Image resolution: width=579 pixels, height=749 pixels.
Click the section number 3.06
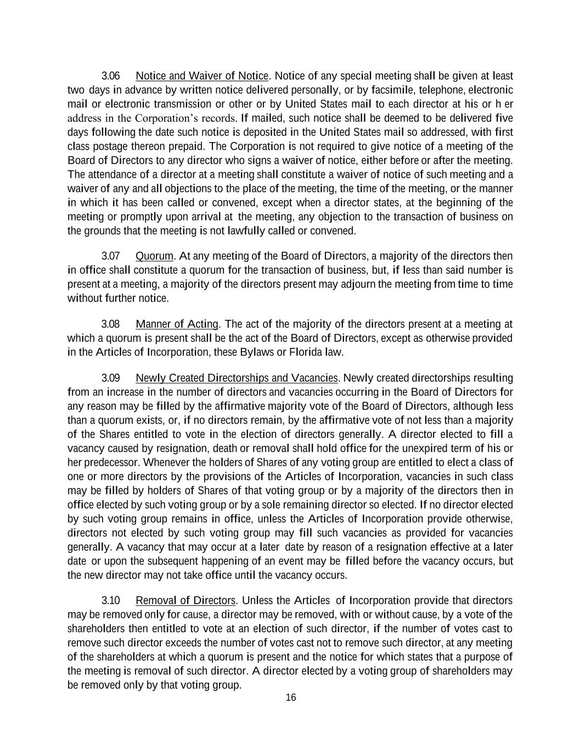pyautogui.click(x=111, y=76)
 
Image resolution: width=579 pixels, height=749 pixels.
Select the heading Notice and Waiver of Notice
pyautogui.click(x=202, y=76)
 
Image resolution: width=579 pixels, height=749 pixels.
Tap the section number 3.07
pyautogui.click(x=111, y=256)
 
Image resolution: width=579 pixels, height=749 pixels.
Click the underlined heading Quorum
pyautogui.click(x=154, y=256)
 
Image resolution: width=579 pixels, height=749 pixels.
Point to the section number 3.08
pyautogui.click(x=111, y=324)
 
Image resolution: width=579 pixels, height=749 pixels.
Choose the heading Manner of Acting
pyautogui.click(x=177, y=324)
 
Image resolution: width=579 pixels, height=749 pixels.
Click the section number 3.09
pyautogui.click(x=111, y=378)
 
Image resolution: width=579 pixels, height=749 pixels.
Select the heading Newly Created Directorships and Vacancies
pyautogui.click(x=237, y=378)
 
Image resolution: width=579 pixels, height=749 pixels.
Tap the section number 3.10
pyautogui.click(x=111, y=600)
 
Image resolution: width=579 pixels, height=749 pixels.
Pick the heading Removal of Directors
pyautogui.click(x=185, y=600)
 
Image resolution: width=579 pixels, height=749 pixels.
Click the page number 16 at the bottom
pyautogui.click(x=290, y=697)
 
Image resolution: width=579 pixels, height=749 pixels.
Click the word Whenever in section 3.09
pyautogui.click(x=165, y=463)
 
